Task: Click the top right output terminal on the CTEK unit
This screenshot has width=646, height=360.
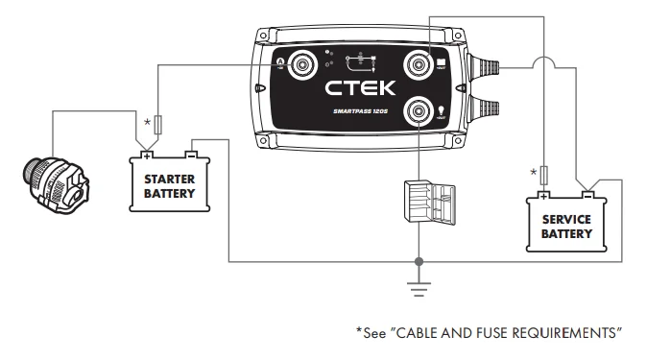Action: (x=419, y=64)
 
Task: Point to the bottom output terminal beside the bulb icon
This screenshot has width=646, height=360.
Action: (x=419, y=113)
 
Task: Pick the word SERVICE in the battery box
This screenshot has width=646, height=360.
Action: (x=566, y=220)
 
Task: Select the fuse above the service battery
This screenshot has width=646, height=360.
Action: (x=544, y=174)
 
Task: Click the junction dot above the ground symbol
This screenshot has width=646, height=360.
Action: (x=419, y=260)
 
